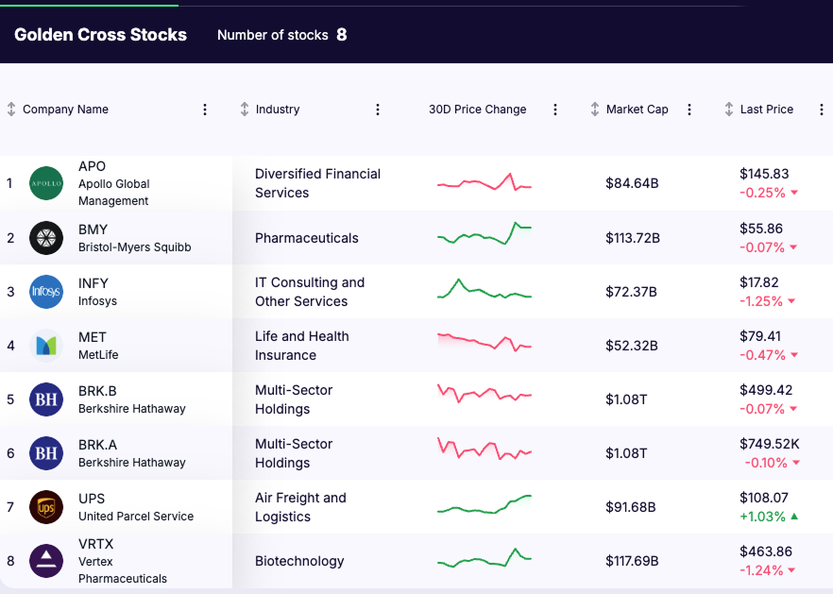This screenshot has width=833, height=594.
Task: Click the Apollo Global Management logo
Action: [x=46, y=183]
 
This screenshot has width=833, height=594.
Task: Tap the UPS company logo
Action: [x=46, y=507]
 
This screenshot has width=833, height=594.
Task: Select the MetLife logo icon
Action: [x=46, y=346]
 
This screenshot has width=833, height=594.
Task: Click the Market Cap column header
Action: [x=637, y=110]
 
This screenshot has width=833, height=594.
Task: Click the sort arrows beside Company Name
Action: [x=11, y=110]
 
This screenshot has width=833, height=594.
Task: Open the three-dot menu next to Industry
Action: [x=378, y=110]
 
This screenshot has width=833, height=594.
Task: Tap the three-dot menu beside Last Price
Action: [x=817, y=110]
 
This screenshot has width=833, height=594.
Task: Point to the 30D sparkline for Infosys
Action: [x=484, y=290]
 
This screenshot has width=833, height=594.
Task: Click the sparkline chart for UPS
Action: [x=484, y=505]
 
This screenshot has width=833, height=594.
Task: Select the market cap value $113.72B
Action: [x=633, y=238]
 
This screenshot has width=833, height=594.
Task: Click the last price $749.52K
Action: [x=770, y=444]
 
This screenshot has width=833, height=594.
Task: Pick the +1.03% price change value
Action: [x=762, y=517]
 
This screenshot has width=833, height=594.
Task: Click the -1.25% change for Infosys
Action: [x=761, y=301]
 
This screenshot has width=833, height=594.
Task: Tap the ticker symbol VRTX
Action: [x=96, y=544]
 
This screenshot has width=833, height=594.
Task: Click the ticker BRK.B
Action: [x=97, y=391]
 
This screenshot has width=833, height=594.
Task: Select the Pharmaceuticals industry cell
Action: [x=307, y=238]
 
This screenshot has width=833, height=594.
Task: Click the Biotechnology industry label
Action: [x=299, y=561]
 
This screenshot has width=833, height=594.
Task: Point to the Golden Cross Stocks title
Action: [x=100, y=35]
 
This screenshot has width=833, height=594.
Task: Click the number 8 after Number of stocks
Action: [x=342, y=35]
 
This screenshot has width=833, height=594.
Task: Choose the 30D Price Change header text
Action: [x=477, y=110]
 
